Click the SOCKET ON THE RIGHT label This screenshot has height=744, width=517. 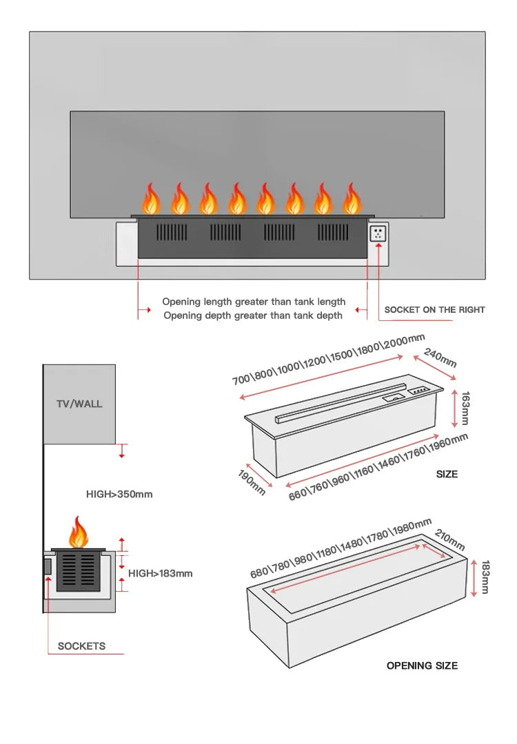point(434,309)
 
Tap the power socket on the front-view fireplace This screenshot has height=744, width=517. point(378,234)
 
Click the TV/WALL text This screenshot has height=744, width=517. point(79,404)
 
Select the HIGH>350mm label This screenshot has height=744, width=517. point(119,494)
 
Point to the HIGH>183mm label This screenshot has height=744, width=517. point(160,573)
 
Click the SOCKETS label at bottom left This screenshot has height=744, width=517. point(81,646)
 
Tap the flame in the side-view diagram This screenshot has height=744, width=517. point(79,533)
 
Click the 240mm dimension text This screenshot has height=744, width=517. point(440,358)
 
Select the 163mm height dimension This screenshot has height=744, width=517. point(465,408)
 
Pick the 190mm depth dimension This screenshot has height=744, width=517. point(252,482)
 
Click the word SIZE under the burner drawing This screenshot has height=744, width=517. point(447,474)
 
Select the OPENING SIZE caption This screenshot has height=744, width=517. point(422,665)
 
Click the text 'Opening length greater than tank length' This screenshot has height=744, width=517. point(254,302)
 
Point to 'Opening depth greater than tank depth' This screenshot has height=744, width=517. point(252,316)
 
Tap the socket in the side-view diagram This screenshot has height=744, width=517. point(48,567)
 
